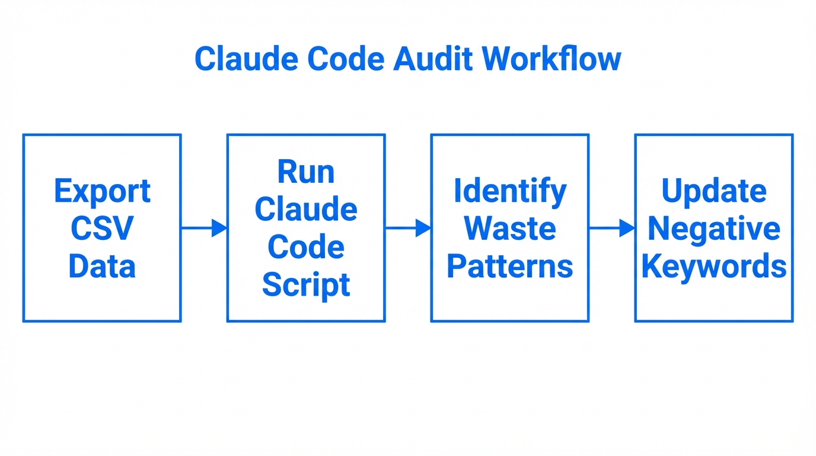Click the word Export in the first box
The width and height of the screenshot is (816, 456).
(102, 191)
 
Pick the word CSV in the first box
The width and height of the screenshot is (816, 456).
(102, 229)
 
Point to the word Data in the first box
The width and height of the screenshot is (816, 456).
(102, 267)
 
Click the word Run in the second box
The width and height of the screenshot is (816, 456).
(306, 172)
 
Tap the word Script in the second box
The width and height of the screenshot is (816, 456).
(306, 285)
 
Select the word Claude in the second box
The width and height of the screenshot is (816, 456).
(306, 210)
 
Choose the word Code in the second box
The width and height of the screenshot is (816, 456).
(306, 248)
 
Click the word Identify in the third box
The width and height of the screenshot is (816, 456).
(510, 191)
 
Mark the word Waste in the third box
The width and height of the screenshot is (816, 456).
(510, 229)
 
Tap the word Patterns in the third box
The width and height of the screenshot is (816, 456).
(510, 267)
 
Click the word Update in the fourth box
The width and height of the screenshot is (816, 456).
(714, 191)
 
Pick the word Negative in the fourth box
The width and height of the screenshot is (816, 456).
(714, 229)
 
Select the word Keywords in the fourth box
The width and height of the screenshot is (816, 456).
(714, 267)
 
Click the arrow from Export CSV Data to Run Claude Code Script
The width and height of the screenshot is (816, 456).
(204, 227)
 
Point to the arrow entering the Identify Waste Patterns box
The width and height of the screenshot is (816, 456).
(408, 227)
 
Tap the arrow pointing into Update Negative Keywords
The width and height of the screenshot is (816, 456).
(612, 227)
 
